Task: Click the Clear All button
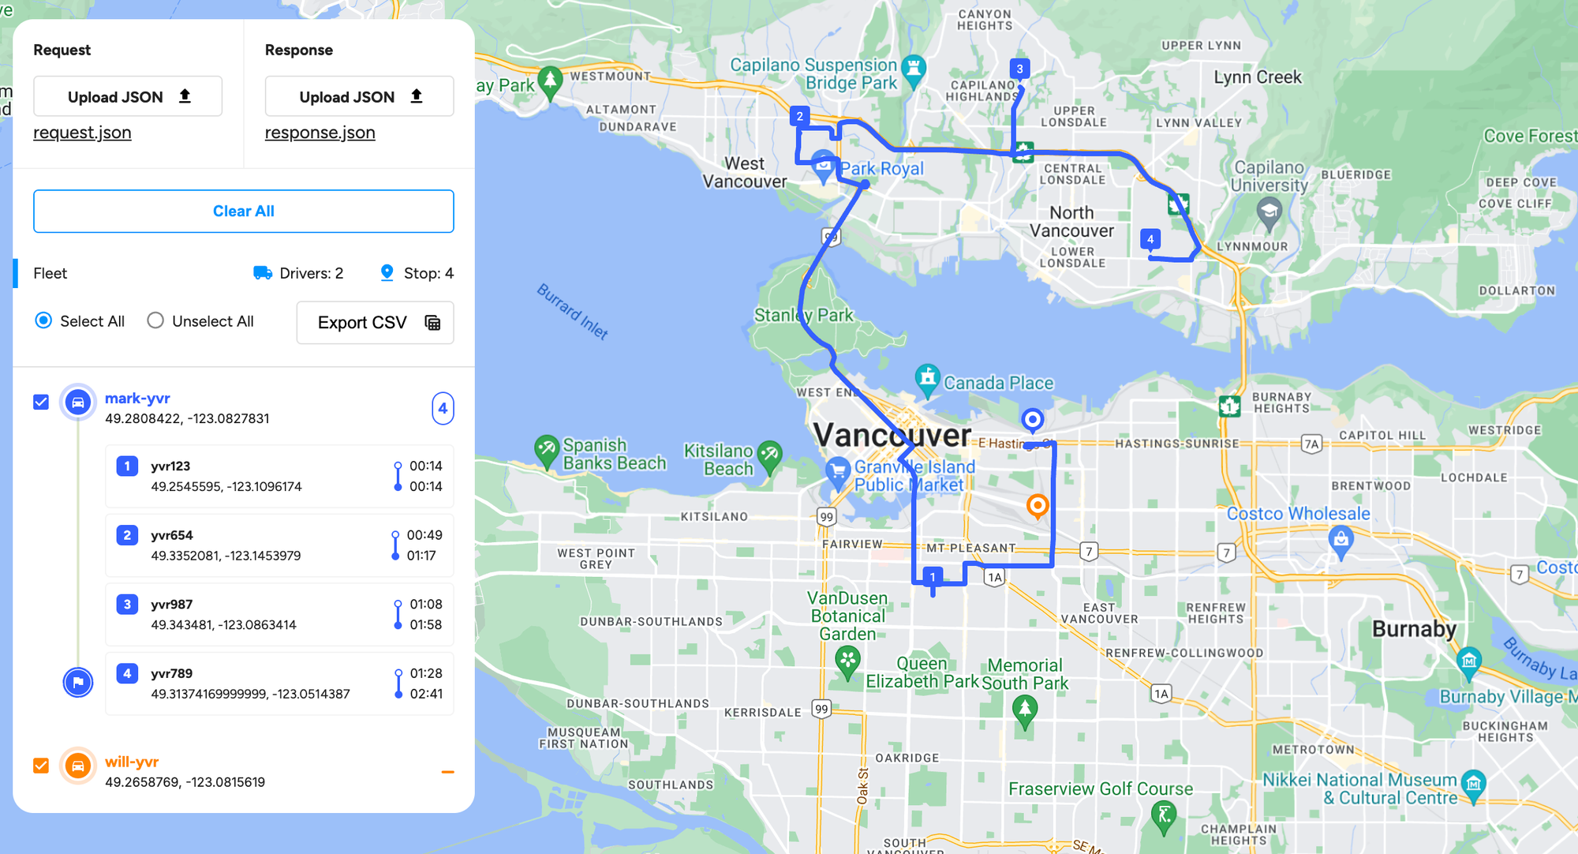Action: coord(243,211)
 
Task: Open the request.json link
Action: coord(82,133)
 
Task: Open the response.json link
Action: coord(320,133)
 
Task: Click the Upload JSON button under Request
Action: coord(128,96)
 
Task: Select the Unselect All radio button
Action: coord(155,320)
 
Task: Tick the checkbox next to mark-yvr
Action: coord(41,402)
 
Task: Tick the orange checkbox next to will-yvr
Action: coord(41,765)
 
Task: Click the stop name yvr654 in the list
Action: coord(171,535)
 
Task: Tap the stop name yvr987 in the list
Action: coord(171,604)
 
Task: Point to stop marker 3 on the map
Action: coord(1019,69)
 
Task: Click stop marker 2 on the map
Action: coord(799,116)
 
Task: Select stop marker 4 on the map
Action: coord(1150,238)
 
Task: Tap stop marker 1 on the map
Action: coord(933,577)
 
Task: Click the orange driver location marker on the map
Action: coord(1038,505)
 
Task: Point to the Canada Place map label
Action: coord(998,383)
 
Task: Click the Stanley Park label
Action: coord(803,315)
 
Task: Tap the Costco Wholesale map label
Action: coord(1298,514)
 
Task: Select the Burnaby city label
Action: coord(1414,629)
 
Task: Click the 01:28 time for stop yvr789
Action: coord(426,673)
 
